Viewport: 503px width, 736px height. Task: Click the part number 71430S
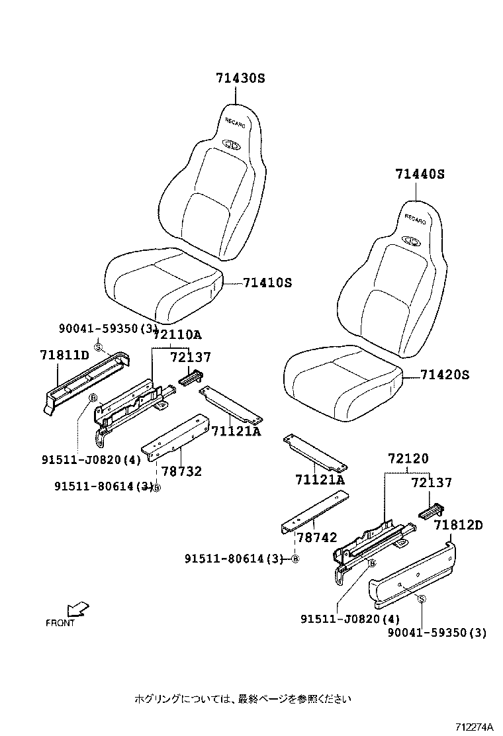[x=240, y=78]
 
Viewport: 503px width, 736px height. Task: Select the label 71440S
[x=420, y=175]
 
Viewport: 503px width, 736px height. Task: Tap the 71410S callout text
[x=267, y=283]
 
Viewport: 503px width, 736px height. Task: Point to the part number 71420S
[x=445, y=375]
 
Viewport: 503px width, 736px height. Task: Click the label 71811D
[x=65, y=356]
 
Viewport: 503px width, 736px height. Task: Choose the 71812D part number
[x=459, y=526]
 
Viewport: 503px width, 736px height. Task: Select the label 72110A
[x=177, y=335]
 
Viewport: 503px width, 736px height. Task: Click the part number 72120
[x=408, y=458]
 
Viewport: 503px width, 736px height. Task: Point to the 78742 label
[x=316, y=538]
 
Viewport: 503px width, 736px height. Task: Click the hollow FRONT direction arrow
[x=79, y=608]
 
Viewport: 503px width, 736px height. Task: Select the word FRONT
[x=60, y=623]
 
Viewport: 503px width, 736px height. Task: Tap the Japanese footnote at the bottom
[x=242, y=698]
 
